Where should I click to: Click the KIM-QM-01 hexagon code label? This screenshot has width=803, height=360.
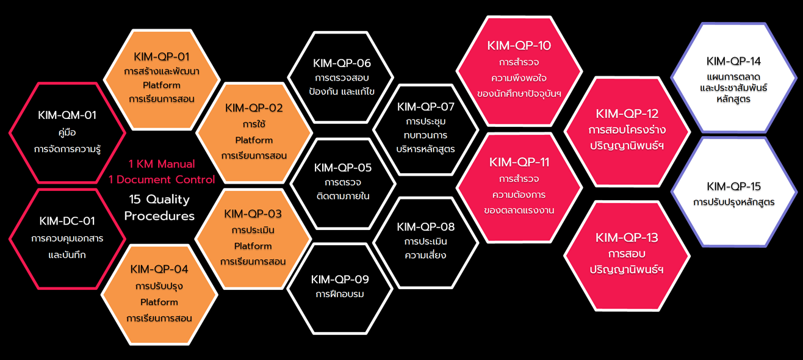tap(67, 115)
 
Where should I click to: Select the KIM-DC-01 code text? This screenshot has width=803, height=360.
tap(67, 221)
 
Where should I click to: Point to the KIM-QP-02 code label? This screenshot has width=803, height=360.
tap(254, 108)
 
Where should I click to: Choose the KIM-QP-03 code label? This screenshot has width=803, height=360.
tap(253, 214)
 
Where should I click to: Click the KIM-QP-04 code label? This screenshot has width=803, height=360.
tap(159, 269)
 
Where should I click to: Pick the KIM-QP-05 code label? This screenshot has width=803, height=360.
tap(342, 167)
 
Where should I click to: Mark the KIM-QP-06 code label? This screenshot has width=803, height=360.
tap(342, 63)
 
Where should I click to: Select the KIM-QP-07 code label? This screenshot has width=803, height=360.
tap(426, 107)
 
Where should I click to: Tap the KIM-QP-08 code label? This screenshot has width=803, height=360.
tap(425, 227)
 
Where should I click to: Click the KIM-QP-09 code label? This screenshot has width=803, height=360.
tap(340, 279)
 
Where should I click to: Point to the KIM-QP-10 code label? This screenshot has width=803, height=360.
tap(519, 46)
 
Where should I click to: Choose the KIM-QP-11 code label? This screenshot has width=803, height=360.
tap(519, 162)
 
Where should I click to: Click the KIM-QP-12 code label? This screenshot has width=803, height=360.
tap(627, 114)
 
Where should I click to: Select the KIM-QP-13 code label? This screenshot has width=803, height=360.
tap(627, 237)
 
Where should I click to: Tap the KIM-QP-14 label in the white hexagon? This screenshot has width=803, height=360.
tap(733, 61)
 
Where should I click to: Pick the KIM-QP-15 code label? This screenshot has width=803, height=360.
tap(733, 186)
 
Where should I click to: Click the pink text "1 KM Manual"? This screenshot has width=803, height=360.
tap(162, 164)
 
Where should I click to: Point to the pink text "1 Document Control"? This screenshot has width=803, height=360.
tap(162, 179)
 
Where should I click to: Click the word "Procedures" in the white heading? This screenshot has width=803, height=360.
tap(160, 216)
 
